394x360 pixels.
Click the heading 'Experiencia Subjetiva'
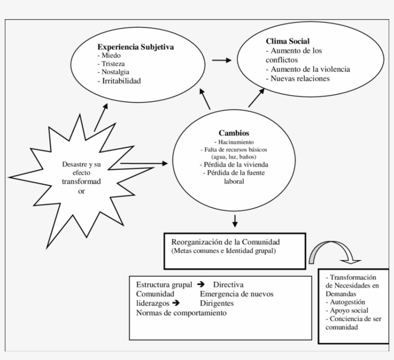pos(135,47)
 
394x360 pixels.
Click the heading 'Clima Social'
pos(287,42)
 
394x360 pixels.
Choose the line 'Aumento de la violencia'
pos(308,69)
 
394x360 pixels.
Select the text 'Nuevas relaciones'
pos(297,78)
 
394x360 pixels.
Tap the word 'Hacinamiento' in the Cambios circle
pos(235,142)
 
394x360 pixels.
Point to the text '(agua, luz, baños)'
pos(234,157)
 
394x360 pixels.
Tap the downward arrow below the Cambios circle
pos(234,221)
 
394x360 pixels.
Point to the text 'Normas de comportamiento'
pos(181,312)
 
